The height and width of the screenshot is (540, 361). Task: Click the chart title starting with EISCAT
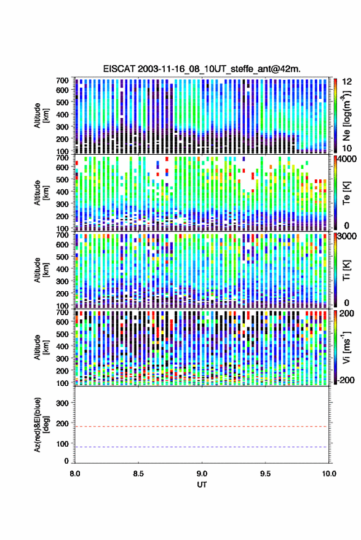tap(202, 69)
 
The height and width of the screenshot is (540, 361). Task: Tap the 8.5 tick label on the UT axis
tap(138, 474)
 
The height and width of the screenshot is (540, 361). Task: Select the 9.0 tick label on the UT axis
tap(202, 474)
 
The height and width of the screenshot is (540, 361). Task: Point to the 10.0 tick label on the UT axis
tap(329, 474)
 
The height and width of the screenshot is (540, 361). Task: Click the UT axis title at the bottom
tap(202, 485)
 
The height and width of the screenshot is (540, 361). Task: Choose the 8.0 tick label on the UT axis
tap(75, 474)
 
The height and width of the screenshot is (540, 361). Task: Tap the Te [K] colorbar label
tap(346, 193)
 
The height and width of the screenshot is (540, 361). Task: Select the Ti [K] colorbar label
tap(346, 270)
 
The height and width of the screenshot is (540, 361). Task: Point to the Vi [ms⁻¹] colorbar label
tap(347, 347)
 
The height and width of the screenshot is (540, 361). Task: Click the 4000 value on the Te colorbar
tap(347, 159)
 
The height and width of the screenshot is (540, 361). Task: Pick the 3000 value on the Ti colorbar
tap(347, 237)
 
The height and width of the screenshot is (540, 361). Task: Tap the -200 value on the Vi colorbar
tap(346, 380)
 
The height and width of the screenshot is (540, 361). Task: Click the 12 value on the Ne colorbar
tap(347, 82)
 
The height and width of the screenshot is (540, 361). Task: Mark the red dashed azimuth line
tap(202, 426)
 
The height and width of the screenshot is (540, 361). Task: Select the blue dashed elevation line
tap(202, 447)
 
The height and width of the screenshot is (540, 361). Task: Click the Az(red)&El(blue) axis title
tap(41, 425)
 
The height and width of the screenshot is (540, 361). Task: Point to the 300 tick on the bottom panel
tap(62, 403)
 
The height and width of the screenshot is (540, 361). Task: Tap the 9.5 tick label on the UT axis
tap(265, 474)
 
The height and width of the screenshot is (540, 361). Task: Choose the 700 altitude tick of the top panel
tap(62, 80)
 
